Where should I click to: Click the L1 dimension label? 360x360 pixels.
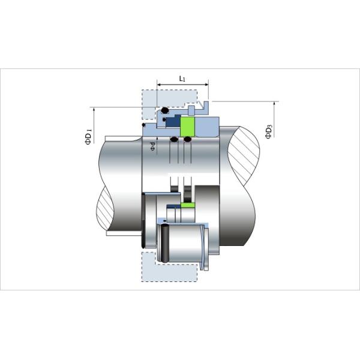(182, 79)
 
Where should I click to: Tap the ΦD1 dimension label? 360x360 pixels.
(88, 136)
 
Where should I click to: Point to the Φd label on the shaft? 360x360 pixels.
(153, 146)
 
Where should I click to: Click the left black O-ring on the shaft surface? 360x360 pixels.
(173, 140)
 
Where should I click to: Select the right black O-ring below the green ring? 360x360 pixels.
(188, 140)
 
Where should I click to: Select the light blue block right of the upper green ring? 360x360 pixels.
(207, 127)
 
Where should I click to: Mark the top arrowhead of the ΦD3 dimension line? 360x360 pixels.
(274, 103)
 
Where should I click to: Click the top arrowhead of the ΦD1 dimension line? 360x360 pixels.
(94, 109)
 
